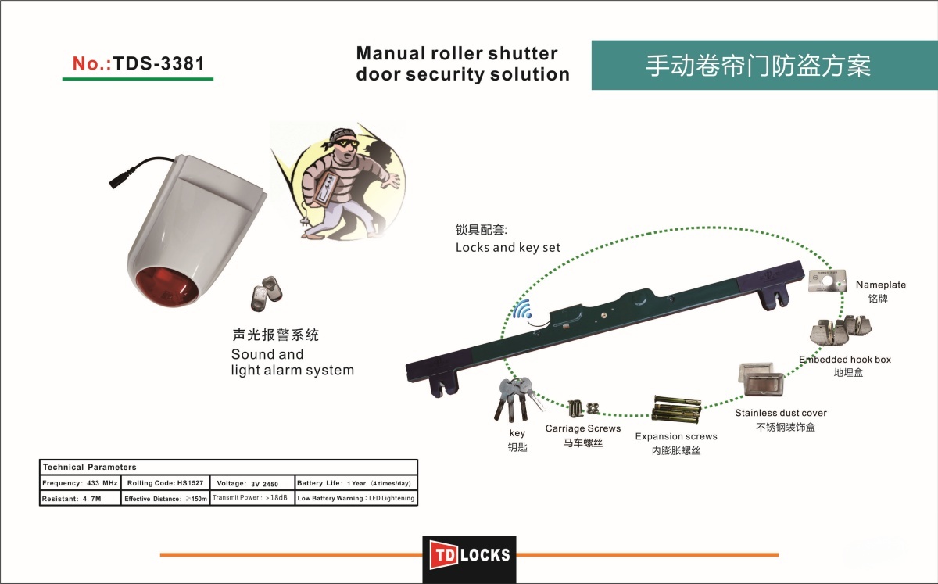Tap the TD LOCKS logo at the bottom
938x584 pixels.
click(469, 556)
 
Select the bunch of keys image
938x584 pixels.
click(512, 399)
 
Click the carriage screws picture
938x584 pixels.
click(582, 409)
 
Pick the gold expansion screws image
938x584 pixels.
click(675, 409)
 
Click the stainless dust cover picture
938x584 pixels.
click(757, 383)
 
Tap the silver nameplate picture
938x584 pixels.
click(829, 280)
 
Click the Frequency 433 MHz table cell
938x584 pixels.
click(80, 483)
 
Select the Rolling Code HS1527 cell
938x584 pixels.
click(165, 483)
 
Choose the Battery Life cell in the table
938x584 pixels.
click(356, 483)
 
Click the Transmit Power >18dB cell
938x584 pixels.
click(252, 498)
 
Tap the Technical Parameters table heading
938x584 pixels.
click(89, 467)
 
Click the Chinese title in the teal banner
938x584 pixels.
click(757, 66)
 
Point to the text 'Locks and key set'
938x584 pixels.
click(508, 248)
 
